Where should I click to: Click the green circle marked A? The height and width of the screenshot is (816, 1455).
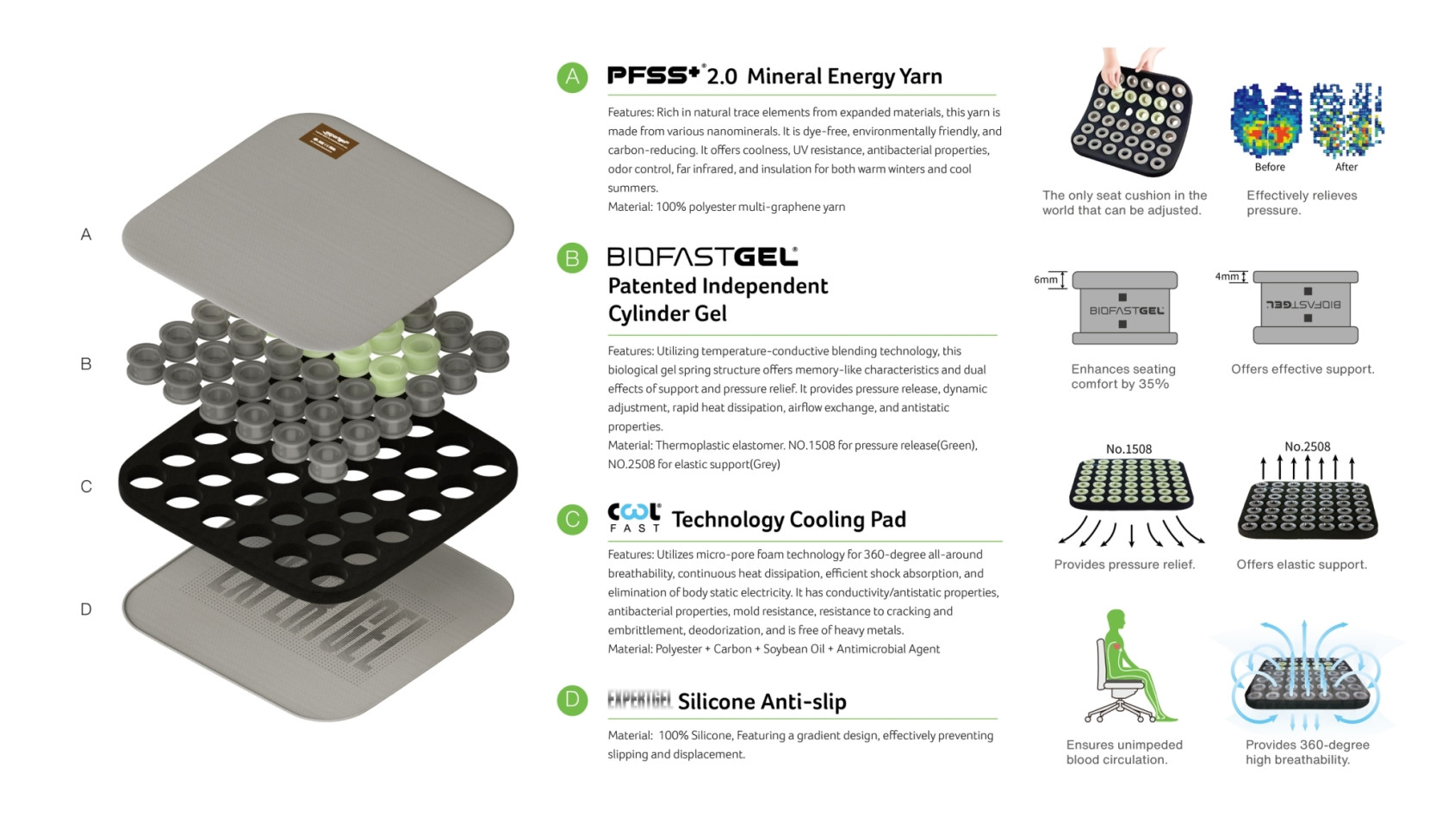point(572,77)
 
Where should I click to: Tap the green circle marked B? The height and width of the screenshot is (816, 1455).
point(572,257)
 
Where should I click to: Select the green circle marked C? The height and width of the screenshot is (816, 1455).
point(572,519)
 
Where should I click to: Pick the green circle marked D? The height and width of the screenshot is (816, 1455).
point(572,701)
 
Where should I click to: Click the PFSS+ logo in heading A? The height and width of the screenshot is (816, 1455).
point(654,75)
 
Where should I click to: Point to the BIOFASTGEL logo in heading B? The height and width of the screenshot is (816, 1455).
point(702,257)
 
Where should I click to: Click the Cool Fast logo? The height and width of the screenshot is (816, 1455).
point(635,517)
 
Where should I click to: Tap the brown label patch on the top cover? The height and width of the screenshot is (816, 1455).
point(329,140)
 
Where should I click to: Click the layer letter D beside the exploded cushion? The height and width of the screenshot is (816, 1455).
point(86,609)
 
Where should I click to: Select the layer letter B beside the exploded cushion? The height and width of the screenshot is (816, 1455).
point(86,364)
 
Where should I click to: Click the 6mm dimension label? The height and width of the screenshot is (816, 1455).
point(1046,280)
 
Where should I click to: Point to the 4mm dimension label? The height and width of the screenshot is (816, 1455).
point(1227,276)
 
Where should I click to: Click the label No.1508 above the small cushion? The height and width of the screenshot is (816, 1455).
point(1129,449)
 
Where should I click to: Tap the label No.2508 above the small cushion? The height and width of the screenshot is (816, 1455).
point(1308,447)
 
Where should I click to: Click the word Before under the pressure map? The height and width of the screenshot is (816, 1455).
point(1270,167)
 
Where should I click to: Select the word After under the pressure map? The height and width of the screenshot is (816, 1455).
point(1346,167)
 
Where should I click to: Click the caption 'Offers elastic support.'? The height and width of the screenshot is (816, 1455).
point(1302,565)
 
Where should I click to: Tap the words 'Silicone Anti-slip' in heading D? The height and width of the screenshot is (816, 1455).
point(762,702)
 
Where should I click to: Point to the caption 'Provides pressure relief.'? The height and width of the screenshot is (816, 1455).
point(1124,565)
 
